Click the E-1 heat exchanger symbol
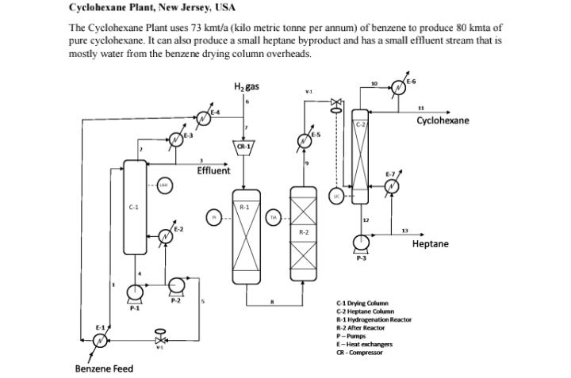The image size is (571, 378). pos(100,339)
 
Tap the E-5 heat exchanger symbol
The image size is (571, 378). pos(303,142)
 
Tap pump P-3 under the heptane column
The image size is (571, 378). pos(362,242)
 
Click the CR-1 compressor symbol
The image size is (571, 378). pos(244,147)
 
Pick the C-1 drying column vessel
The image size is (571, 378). pos(135,208)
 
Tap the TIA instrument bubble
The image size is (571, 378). pos(273,217)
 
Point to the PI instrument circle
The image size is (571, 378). pos(213,217)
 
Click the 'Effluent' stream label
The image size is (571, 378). pos(213,170)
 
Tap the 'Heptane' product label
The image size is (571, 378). pos(430,244)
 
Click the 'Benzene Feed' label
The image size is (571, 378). pos(104,368)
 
